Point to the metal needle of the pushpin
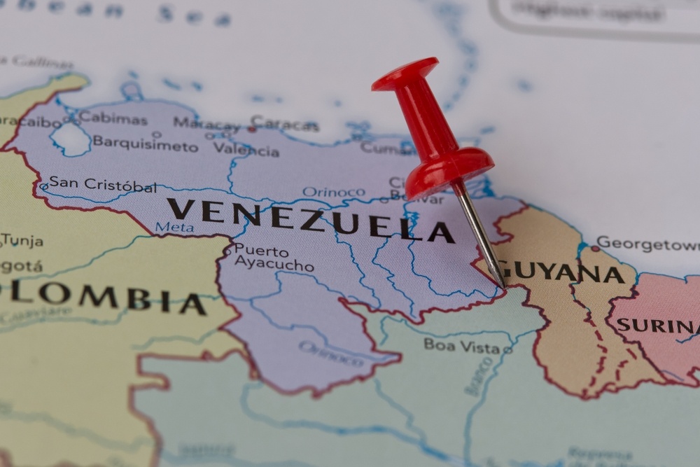482,234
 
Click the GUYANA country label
564,271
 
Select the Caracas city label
285,124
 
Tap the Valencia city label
246,148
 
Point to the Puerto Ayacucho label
273,258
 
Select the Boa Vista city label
461,345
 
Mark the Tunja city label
22,240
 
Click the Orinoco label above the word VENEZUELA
333,191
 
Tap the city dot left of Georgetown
594,248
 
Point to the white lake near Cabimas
71,139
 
